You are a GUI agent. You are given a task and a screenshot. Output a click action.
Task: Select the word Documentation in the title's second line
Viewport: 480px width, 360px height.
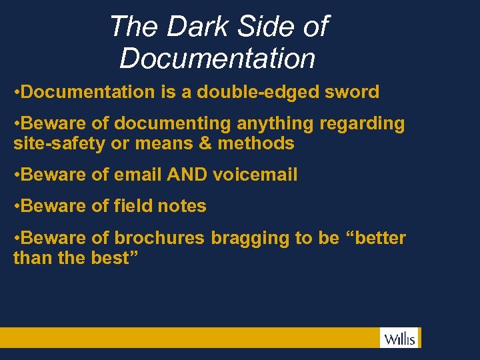pyautogui.click(x=217, y=58)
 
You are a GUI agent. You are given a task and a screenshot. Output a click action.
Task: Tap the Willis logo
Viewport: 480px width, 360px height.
pyautogui.click(x=399, y=338)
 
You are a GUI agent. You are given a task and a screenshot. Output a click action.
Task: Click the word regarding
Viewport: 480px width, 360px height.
pyautogui.click(x=363, y=124)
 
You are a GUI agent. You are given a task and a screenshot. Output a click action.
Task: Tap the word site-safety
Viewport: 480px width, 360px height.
pyautogui.click(x=53, y=143)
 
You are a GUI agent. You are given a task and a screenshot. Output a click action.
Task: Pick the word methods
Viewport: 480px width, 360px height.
pyautogui.click(x=256, y=143)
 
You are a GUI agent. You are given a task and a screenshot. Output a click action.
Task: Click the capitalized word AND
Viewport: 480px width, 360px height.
pyautogui.click(x=187, y=175)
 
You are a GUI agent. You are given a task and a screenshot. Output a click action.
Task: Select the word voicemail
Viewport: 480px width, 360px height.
pyautogui.click(x=255, y=175)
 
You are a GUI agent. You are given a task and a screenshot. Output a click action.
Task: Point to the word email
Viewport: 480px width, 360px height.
pyautogui.click(x=137, y=175)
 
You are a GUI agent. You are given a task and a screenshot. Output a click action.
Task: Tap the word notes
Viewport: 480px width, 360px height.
pyautogui.click(x=181, y=207)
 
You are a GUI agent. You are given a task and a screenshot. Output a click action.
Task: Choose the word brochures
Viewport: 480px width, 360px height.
pyautogui.click(x=159, y=239)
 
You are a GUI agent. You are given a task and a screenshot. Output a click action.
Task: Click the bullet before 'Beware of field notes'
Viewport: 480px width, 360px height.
pyautogui.click(x=17, y=207)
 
